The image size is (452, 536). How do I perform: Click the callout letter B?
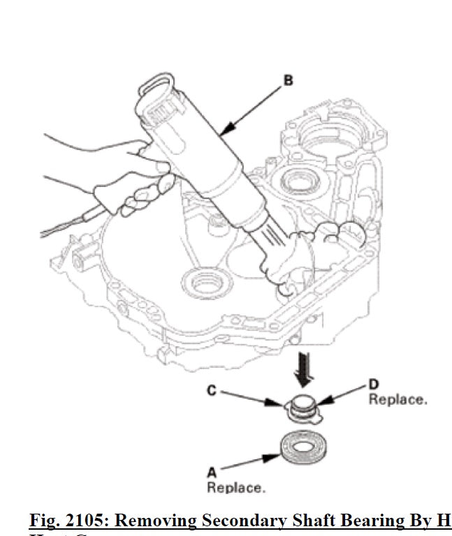pyautogui.click(x=288, y=81)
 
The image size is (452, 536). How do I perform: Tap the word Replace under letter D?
pyautogui.click(x=397, y=400)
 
